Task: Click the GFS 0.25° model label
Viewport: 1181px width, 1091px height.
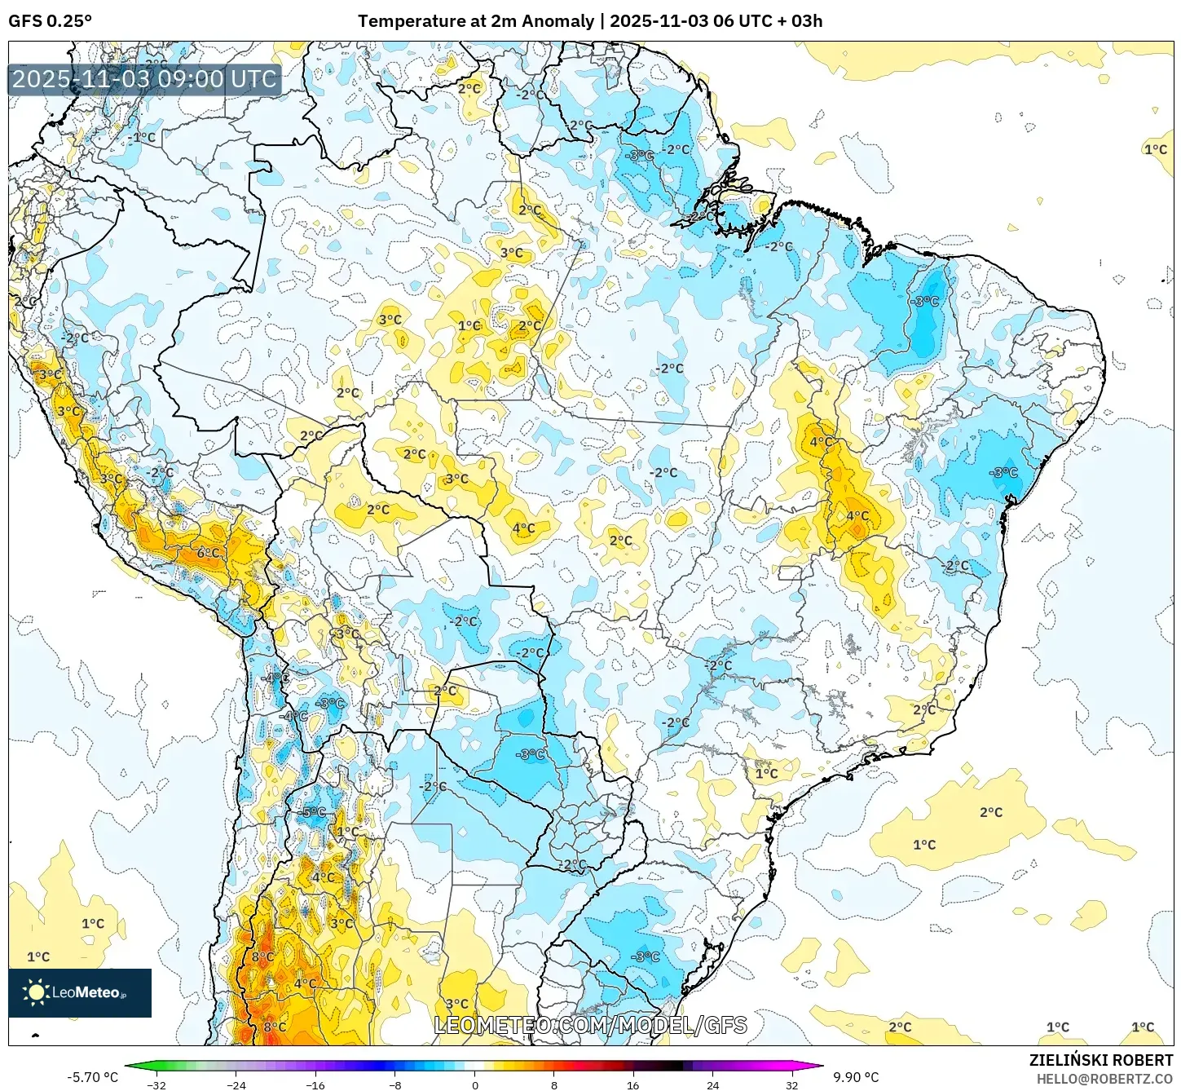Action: pyautogui.click(x=50, y=21)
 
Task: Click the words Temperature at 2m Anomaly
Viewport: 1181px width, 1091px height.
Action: pyautogui.click(x=475, y=21)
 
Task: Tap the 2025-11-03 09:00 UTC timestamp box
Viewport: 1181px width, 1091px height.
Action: pyautogui.click(x=144, y=80)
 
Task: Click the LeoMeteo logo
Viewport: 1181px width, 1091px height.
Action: pyautogui.click(x=80, y=992)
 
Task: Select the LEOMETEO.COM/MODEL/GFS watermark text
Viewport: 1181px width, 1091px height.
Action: pyautogui.click(x=590, y=1025)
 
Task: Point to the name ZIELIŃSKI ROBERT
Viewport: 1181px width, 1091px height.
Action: pyautogui.click(x=1100, y=1061)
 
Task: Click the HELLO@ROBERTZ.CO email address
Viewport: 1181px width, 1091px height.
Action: pyautogui.click(x=1104, y=1079)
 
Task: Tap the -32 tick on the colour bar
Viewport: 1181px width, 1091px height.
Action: pyautogui.click(x=156, y=1084)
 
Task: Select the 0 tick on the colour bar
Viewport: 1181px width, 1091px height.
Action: pyautogui.click(x=475, y=1084)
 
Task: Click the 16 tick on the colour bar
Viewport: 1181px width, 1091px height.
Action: pyautogui.click(x=633, y=1084)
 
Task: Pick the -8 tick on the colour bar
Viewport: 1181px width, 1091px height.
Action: pyautogui.click(x=395, y=1084)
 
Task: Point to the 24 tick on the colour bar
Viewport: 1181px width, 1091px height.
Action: pyautogui.click(x=712, y=1084)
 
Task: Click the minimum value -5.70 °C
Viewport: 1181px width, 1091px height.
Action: pyautogui.click(x=92, y=1077)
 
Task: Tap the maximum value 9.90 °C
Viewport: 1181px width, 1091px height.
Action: pyautogui.click(x=856, y=1077)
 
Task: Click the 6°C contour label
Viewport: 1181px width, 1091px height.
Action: pyautogui.click(x=209, y=553)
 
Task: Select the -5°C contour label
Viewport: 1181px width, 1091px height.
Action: pyautogui.click(x=314, y=812)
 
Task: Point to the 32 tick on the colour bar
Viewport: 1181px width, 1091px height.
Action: pyautogui.click(x=792, y=1084)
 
